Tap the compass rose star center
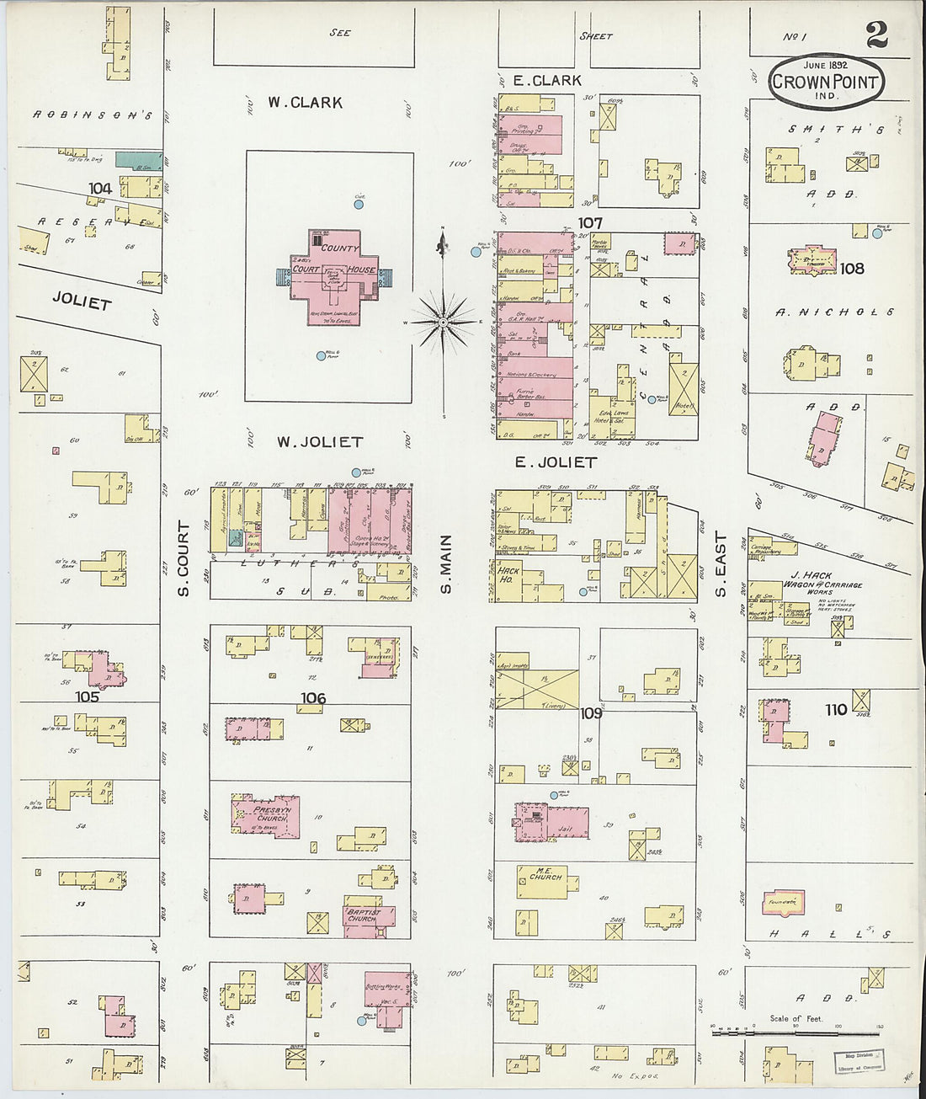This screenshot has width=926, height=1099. [x=444, y=321]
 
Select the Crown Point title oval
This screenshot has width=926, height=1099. [x=825, y=81]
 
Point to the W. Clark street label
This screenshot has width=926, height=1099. [x=306, y=103]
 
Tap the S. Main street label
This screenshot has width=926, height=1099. [x=446, y=563]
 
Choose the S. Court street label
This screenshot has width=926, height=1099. [x=184, y=558]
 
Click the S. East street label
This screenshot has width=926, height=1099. [x=721, y=565]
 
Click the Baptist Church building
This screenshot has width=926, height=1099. [x=363, y=916]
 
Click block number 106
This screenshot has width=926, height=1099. [x=312, y=698]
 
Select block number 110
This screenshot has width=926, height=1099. [x=835, y=710]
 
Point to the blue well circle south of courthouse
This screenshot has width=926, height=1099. [x=321, y=356]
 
